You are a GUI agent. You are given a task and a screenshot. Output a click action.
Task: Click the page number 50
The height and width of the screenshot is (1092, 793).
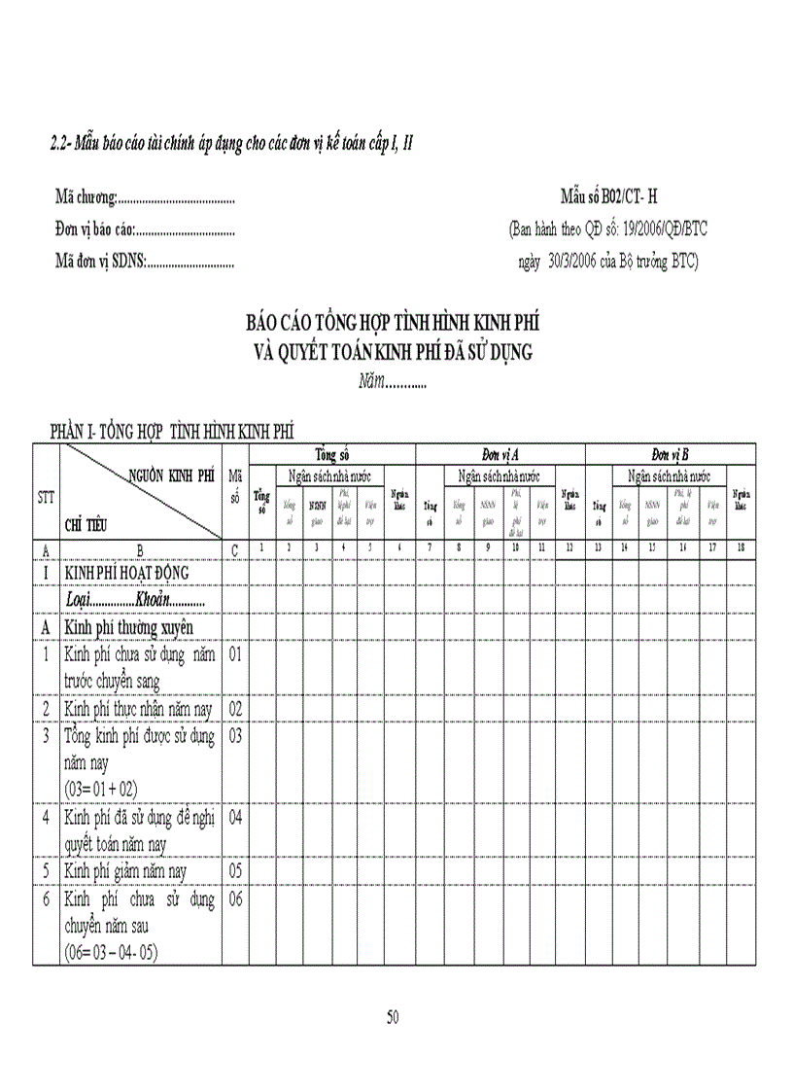pyautogui.click(x=393, y=1017)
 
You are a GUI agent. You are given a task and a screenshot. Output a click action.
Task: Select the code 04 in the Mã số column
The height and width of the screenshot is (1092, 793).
pyautogui.click(x=235, y=817)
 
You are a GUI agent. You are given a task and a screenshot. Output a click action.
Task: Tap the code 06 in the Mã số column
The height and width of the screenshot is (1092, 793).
pyautogui.click(x=235, y=899)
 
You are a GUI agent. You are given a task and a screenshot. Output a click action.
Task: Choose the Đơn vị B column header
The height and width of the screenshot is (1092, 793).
pyautogui.click(x=670, y=454)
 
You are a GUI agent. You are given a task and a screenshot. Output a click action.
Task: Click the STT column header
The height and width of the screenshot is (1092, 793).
pyautogui.click(x=46, y=497)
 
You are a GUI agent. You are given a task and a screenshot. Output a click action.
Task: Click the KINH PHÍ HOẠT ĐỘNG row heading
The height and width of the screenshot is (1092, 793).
pyautogui.click(x=126, y=573)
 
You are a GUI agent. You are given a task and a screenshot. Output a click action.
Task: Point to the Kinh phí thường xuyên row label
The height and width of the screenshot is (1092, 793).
pyautogui.click(x=129, y=627)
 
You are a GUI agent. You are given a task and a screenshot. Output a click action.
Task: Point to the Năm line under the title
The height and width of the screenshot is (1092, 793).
pyautogui.click(x=393, y=382)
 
